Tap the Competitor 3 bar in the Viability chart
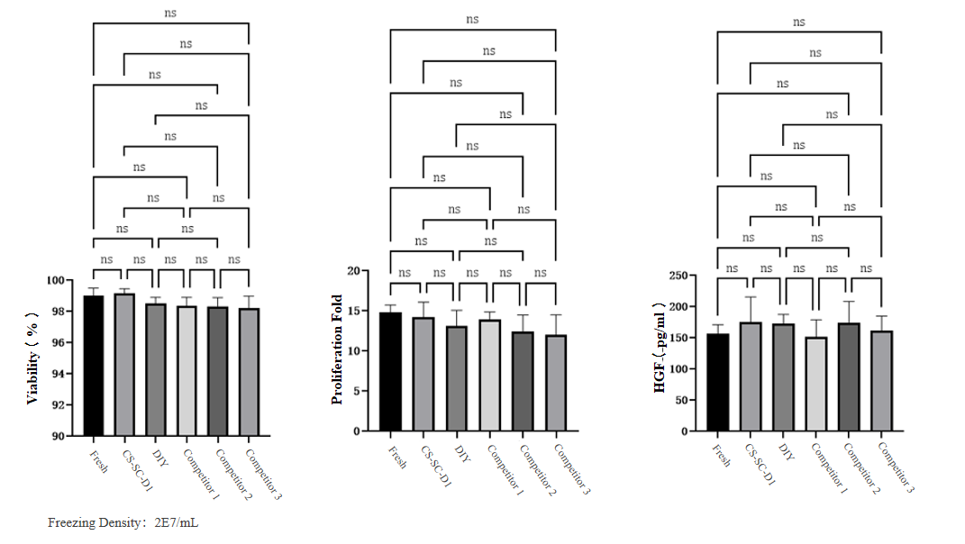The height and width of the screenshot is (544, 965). [248, 372]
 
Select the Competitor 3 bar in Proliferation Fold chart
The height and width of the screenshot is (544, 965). [556, 383]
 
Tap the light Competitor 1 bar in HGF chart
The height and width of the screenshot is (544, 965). [815, 384]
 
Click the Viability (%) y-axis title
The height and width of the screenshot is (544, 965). [32, 358]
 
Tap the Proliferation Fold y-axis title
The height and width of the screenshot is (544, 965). [338, 349]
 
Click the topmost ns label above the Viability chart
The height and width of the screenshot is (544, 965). [170, 13]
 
